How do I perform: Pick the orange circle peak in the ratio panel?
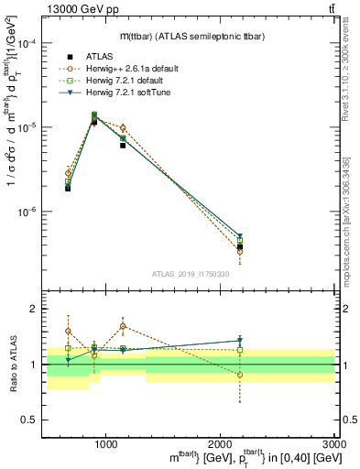click(123, 326)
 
